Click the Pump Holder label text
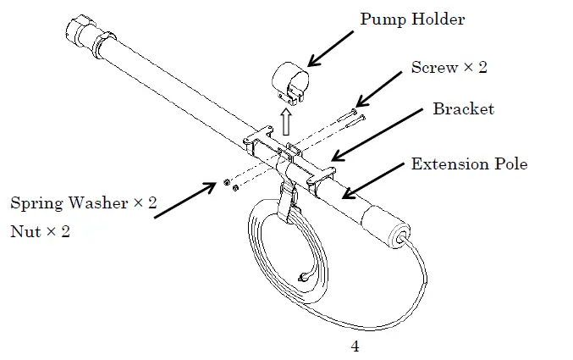point(412,19)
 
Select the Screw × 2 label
point(449,68)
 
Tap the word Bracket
point(463,109)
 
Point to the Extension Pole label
point(469,163)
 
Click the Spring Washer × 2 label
point(83,203)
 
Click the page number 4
point(355,346)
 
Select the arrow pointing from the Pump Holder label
point(330,49)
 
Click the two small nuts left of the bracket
point(230,184)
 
